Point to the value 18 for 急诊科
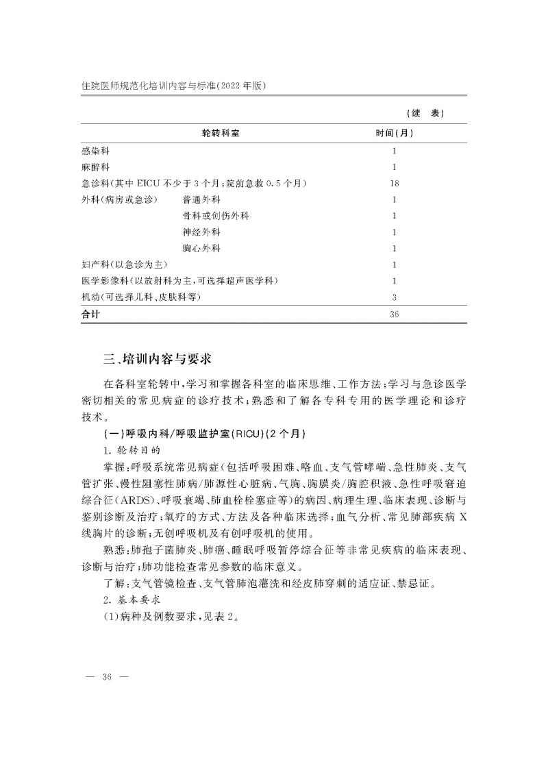(x=394, y=184)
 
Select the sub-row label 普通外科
(x=201, y=200)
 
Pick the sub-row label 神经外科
(x=201, y=232)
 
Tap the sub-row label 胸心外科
(x=201, y=248)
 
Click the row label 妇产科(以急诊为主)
(x=125, y=265)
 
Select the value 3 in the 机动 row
(x=394, y=297)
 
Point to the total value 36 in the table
(x=394, y=314)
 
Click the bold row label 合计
(x=90, y=314)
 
